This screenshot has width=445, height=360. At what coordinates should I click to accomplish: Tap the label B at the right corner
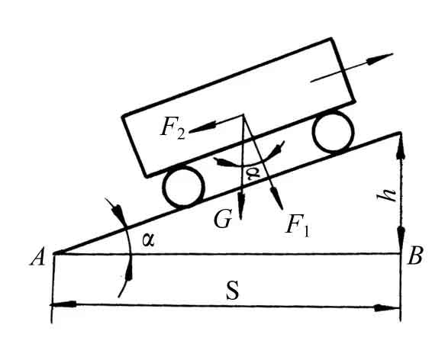tap(415, 256)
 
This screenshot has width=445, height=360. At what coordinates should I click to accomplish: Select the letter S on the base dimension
tap(233, 290)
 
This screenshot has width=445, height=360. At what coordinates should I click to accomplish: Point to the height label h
tap(389, 194)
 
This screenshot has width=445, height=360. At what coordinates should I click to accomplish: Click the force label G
tap(223, 219)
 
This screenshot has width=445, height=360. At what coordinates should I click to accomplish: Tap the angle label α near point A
tap(148, 240)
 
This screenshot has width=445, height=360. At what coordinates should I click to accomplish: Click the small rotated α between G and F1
tap(253, 173)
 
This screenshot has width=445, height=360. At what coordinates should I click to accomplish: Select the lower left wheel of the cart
tap(184, 186)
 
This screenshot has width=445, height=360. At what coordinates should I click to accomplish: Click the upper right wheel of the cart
tap(334, 130)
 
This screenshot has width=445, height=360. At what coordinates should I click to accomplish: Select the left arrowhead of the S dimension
tap(63, 304)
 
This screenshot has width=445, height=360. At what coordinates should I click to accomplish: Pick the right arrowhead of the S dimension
tap(388, 308)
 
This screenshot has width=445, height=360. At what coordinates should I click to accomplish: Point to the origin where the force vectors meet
tap(243, 115)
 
